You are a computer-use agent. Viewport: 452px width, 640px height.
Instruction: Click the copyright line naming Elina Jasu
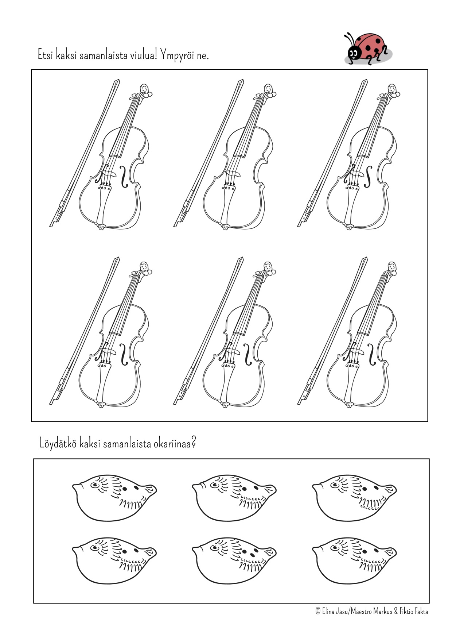[371, 611]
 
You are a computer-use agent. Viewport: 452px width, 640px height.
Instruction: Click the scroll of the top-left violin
[145, 90]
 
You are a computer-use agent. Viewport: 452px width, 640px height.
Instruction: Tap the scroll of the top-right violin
[392, 90]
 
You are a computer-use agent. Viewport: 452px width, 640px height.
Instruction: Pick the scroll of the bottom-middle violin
[268, 269]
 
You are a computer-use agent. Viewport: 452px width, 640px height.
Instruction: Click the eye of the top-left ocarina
[95, 485]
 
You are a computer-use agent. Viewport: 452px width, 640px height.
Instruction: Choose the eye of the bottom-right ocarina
[335, 547]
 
